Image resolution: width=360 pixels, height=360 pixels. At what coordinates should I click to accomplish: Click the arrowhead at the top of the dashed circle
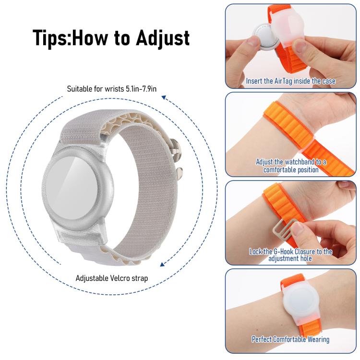coord(164,97)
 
